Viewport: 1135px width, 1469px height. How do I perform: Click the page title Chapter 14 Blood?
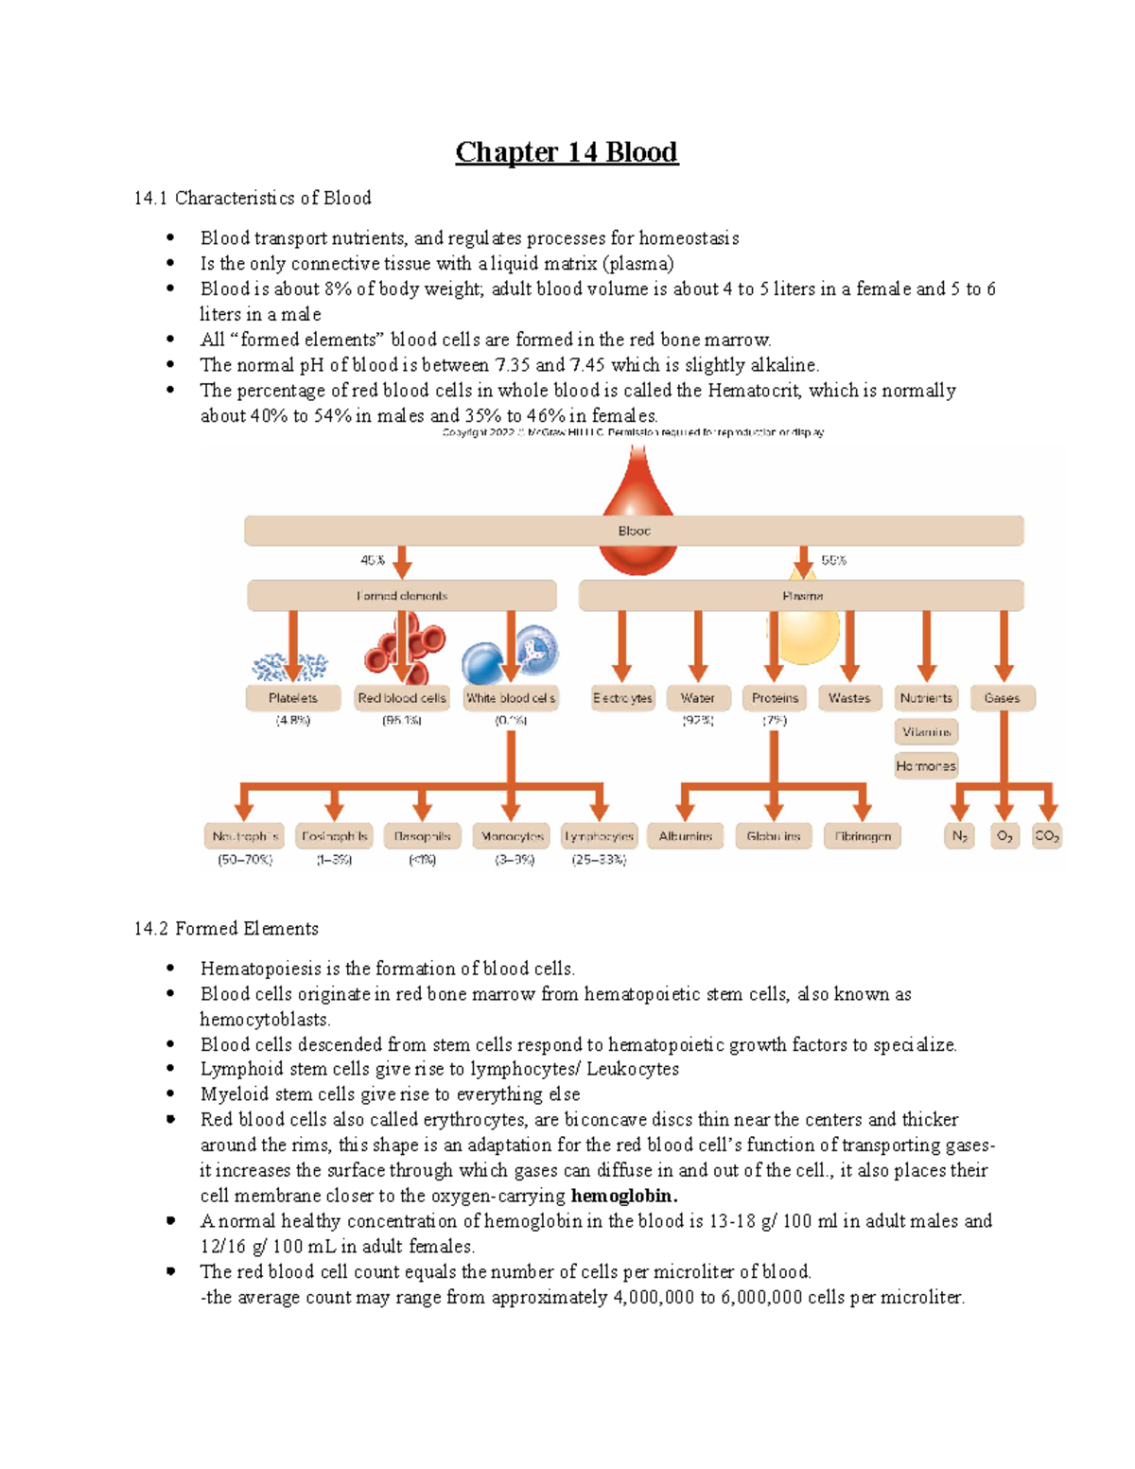(x=567, y=152)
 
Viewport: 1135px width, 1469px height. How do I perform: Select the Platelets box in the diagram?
(x=293, y=698)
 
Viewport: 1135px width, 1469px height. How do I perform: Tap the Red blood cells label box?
(x=402, y=698)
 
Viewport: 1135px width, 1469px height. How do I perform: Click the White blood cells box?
(x=511, y=698)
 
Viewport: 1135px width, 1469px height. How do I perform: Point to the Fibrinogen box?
(x=863, y=836)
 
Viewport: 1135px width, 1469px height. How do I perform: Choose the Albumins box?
(x=686, y=836)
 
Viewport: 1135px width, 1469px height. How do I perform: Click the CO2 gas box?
(x=1047, y=836)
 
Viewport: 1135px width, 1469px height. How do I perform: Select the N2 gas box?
(x=960, y=836)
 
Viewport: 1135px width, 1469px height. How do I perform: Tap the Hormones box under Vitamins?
(x=926, y=766)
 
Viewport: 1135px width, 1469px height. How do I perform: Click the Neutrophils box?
(x=245, y=836)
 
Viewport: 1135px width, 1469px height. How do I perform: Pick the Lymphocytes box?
(x=599, y=836)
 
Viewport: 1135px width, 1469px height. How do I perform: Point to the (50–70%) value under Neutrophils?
(x=245, y=860)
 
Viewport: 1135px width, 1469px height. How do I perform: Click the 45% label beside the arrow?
(x=373, y=560)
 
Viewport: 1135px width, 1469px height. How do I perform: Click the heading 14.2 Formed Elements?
(x=226, y=929)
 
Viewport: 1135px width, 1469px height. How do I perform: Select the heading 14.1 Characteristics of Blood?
(x=253, y=198)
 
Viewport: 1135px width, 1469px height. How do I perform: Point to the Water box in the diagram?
(x=698, y=698)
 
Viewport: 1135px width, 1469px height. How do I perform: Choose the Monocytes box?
(x=512, y=836)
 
